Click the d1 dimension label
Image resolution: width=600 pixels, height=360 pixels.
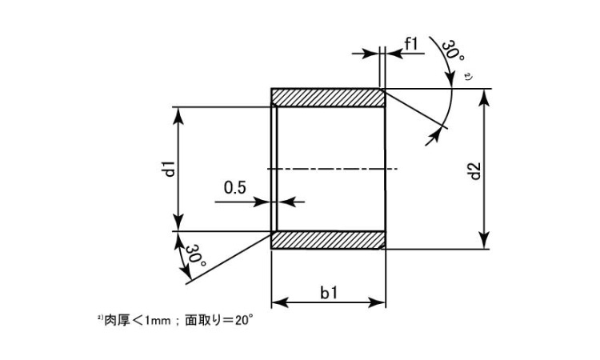(170, 169)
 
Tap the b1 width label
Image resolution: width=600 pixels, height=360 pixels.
(329, 293)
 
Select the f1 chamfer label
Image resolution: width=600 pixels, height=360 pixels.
(411, 44)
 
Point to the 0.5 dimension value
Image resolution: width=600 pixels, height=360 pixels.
(235, 188)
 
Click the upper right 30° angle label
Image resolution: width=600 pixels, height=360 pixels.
(452, 51)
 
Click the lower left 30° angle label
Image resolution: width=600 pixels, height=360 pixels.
(196, 255)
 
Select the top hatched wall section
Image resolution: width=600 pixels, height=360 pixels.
(328, 97)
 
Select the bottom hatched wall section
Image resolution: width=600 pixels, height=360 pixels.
(328, 240)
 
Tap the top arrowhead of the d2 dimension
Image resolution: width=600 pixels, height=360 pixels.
(485, 97)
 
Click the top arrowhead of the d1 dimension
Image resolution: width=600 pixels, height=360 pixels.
(178, 115)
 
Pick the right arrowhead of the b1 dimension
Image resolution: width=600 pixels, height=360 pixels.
(378, 302)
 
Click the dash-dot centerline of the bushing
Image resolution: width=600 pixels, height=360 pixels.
(332, 169)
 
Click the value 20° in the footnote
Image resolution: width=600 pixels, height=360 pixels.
(244, 320)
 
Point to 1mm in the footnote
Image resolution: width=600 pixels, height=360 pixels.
(157, 321)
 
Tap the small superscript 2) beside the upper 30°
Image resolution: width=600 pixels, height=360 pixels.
(469, 77)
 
